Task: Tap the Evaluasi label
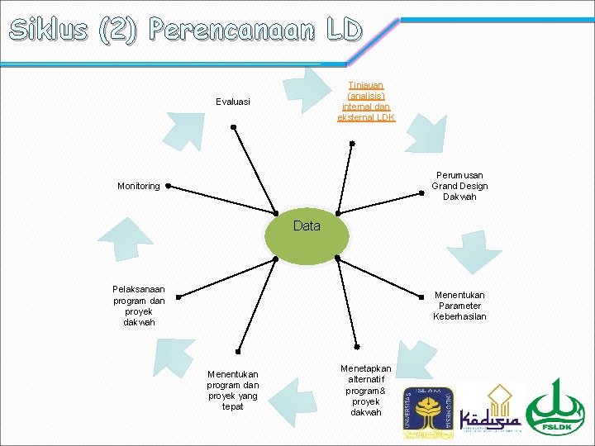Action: (232, 102)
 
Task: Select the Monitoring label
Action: (139, 186)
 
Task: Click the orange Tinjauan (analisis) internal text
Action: (365, 102)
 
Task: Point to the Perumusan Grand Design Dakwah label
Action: (459, 186)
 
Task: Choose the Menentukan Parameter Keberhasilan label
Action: (459, 306)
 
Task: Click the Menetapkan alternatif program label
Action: (365, 390)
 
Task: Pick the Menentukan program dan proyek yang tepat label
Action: (232, 390)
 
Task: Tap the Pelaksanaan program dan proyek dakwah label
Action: (139, 306)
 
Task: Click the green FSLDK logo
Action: (555, 406)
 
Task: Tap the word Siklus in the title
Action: (49, 31)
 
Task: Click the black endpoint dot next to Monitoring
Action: (168, 187)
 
